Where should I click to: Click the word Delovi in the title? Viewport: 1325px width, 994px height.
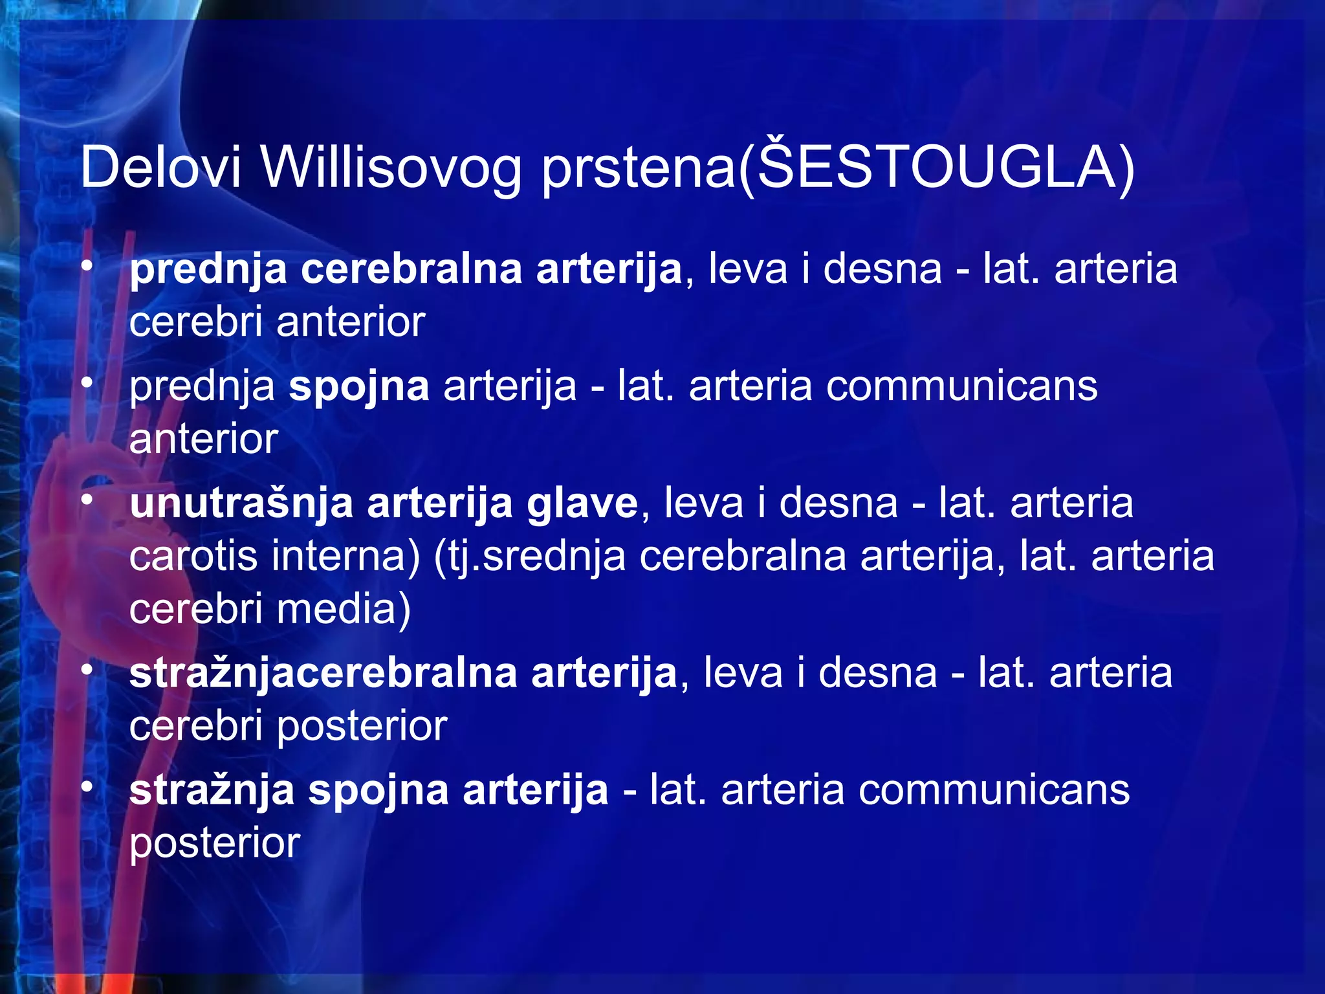tap(160, 167)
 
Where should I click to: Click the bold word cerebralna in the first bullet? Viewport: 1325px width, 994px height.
tap(411, 269)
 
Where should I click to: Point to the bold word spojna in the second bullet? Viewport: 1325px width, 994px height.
tap(359, 386)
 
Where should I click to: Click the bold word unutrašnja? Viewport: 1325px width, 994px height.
tap(241, 503)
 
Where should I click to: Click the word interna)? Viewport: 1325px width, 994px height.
tap(345, 556)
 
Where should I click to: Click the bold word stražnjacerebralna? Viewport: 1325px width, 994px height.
tap(323, 673)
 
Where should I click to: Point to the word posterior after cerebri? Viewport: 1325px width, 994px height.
tap(362, 726)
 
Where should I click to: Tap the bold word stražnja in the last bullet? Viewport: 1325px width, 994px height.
tap(212, 790)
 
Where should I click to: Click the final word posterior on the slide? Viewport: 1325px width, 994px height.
tap(215, 843)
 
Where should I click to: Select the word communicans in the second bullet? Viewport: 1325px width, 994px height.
tap(961, 386)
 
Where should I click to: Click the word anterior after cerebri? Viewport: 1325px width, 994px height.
tap(351, 322)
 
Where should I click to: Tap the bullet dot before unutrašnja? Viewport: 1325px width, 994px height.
tap(88, 500)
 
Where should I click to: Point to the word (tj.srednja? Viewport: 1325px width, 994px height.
tap(529, 556)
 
